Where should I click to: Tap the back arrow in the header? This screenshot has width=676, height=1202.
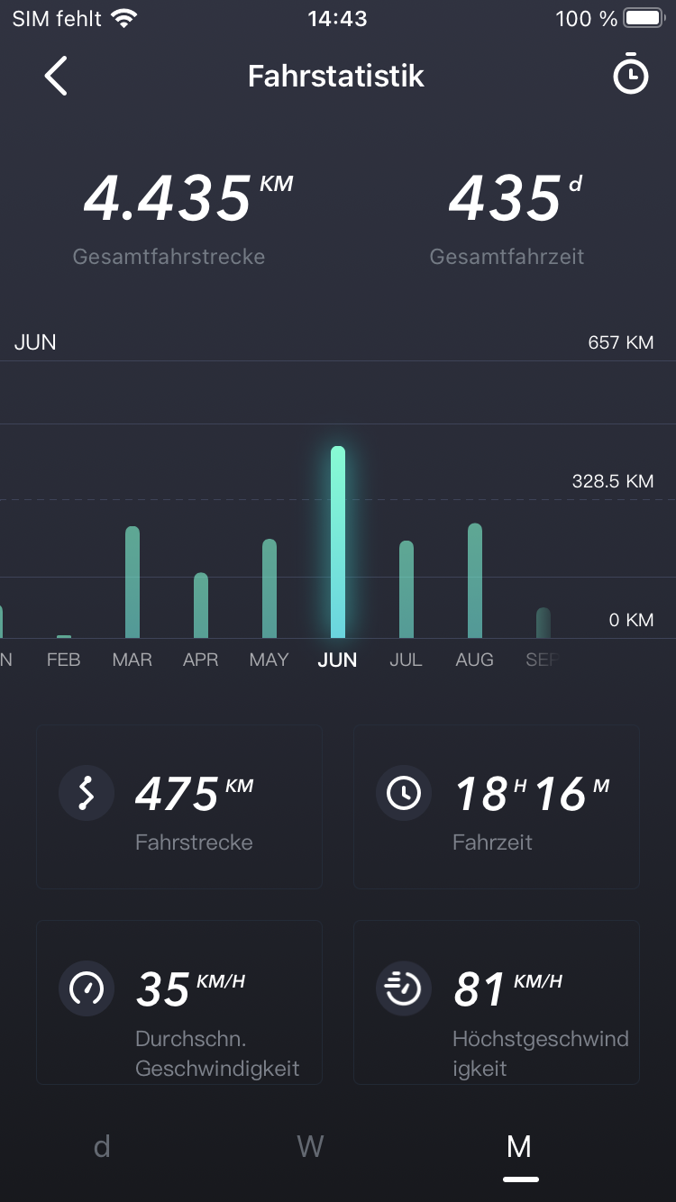click(56, 76)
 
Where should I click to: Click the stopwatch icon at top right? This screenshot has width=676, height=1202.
click(630, 76)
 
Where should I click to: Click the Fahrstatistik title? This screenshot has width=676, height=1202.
click(336, 76)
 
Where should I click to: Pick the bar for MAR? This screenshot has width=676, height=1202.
click(132, 582)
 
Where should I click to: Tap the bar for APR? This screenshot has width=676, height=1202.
click(201, 606)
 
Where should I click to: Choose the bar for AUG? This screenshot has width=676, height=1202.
click(475, 581)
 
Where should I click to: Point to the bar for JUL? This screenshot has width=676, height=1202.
click(407, 589)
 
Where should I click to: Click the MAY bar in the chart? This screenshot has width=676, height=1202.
click(269, 588)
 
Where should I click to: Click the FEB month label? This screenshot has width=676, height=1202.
click(64, 660)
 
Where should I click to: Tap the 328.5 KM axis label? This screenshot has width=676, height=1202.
click(613, 481)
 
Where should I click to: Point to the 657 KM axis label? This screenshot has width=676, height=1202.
click(621, 342)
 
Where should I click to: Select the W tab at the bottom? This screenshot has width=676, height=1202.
click(310, 1146)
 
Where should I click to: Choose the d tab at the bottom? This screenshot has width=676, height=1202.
click(102, 1146)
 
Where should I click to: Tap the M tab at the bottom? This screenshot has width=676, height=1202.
click(519, 1146)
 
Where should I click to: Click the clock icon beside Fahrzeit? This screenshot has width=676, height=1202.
click(403, 793)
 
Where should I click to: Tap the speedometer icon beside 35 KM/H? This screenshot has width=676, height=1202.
click(87, 988)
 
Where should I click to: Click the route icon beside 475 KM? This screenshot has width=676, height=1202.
click(87, 793)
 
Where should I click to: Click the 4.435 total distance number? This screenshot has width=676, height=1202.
click(168, 198)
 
